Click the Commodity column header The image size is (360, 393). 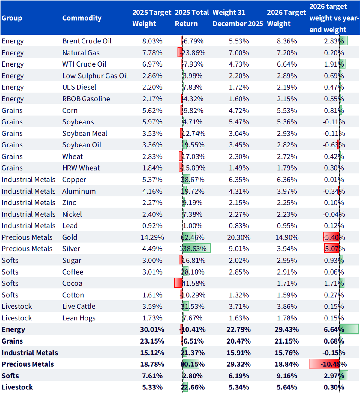pyautogui.click(x=82, y=18)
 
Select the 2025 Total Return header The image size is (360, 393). pyautogui.click(x=192, y=18)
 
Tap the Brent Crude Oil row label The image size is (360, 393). pyautogui.click(x=87, y=41)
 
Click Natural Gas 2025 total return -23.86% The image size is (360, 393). pyautogui.click(x=193, y=53)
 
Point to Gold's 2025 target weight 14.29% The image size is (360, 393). pyautogui.click(x=152, y=237)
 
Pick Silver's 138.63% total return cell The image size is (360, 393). pyautogui.click(x=193, y=249)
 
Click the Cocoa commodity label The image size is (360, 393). pyautogui.click(x=72, y=283)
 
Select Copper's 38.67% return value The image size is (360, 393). pyautogui.click(x=193, y=180)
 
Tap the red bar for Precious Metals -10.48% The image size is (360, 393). pyautogui.click(x=324, y=364)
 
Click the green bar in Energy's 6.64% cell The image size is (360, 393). pyautogui.click(x=349, y=329)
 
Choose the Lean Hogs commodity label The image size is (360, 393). pyautogui.click(x=79, y=318)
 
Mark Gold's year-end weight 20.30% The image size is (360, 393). pyautogui.click(x=239, y=237)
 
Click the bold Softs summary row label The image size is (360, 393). pyautogui.click(x=10, y=376)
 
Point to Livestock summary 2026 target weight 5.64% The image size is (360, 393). pyautogui.click(x=287, y=387)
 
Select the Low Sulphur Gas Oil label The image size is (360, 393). pyautogui.click(x=95, y=76)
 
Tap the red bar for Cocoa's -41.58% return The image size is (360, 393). pyautogui.click(x=178, y=283)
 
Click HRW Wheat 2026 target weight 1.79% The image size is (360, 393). pyautogui.click(x=287, y=168)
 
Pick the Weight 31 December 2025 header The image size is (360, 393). pyautogui.click(x=238, y=18)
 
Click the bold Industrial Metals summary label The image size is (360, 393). pyautogui.click(x=30, y=353)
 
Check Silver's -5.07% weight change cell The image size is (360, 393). pyautogui.click(x=334, y=249)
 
